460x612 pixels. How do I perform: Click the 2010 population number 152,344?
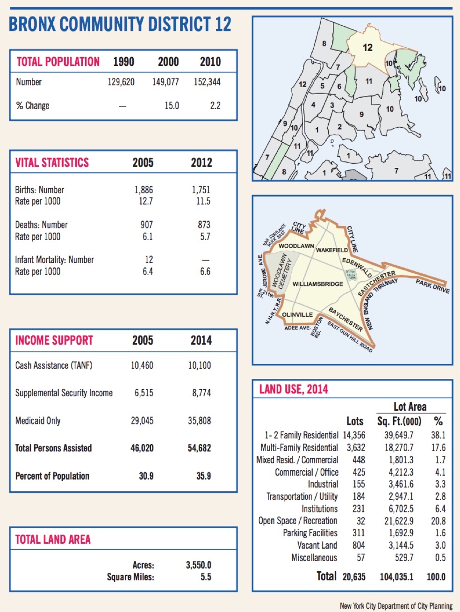tap(207, 82)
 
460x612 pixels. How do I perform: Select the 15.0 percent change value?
tap(172, 106)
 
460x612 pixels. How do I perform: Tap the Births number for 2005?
tap(144, 190)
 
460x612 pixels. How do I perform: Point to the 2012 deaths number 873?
tap(204, 225)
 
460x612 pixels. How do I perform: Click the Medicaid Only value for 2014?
tap(199, 421)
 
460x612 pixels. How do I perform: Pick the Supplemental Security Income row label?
tap(64, 393)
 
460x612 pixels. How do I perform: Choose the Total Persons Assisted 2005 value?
tap(142, 448)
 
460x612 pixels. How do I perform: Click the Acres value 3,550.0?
tap(199, 565)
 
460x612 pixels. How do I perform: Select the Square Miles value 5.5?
tap(206, 577)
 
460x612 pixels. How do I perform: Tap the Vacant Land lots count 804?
tap(359, 546)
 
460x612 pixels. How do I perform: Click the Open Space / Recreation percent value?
tap(438, 521)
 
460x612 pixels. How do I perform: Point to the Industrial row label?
tap(323, 484)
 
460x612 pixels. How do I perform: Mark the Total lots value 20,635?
tap(354, 577)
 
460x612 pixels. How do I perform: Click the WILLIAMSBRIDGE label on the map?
tap(318, 284)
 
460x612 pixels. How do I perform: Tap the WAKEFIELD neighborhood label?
tap(332, 250)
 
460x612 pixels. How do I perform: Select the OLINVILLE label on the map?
tap(297, 314)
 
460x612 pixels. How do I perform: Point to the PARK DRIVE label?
tap(432, 286)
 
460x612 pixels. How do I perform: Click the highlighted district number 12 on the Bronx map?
tap(368, 48)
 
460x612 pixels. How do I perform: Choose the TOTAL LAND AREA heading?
tap(53, 539)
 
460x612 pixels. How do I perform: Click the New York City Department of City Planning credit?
tap(396, 606)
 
